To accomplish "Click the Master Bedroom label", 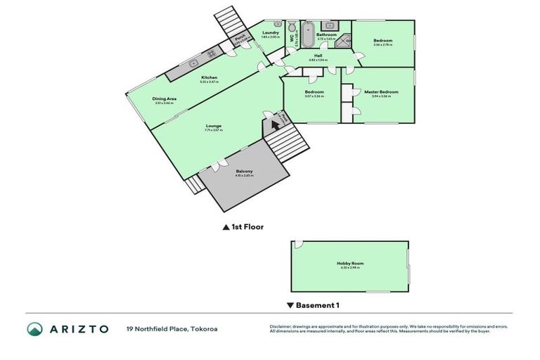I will [380, 92].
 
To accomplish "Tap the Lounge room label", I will [213, 126].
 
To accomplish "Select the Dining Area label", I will [164, 99].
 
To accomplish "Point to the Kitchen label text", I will [210, 77].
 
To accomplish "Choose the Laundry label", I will [271, 32].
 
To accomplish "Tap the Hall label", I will [319, 56].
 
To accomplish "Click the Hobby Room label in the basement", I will [349, 264].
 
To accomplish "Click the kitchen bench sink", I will [191, 64].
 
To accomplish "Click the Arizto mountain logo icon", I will [34, 328].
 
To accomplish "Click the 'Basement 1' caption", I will [317, 305].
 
